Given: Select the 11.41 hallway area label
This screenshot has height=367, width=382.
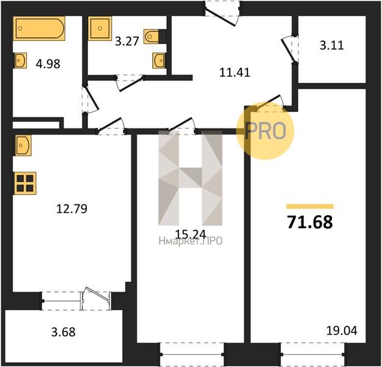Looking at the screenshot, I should click(x=235, y=73).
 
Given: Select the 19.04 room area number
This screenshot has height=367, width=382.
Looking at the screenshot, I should click(x=341, y=332).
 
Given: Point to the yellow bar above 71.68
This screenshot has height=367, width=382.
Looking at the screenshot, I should click(x=310, y=207).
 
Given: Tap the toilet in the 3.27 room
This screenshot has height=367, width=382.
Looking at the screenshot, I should click(x=152, y=37).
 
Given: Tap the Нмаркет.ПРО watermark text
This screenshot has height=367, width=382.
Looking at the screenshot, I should click(x=191, y=241).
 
